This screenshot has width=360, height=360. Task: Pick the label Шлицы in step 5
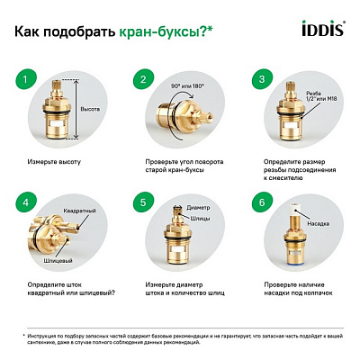[202, 221]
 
